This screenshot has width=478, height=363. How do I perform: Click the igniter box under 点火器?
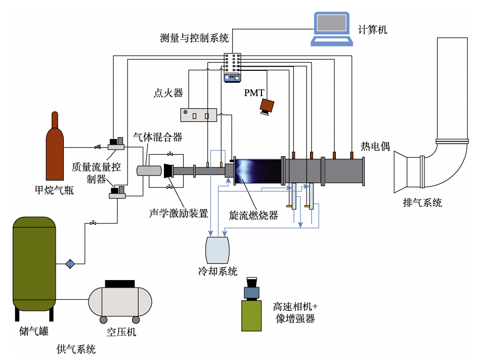coord(199,115)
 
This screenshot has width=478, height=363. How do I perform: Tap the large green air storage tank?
coord(34,263)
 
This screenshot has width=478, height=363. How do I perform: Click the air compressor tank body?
coord(120,301)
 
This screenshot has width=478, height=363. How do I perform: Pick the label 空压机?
coord(121,332)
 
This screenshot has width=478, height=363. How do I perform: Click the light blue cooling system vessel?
coord(218,249)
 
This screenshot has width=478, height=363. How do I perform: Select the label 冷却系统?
coord(218,271)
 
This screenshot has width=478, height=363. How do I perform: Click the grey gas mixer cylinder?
coord(150,170)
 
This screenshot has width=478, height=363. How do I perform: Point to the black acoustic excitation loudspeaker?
coord(168,171)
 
